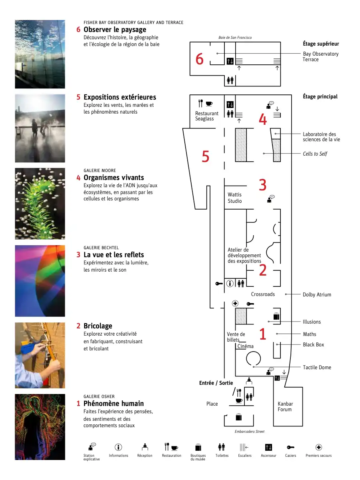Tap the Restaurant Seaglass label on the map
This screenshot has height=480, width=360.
(206, 116)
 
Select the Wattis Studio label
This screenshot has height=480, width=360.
(234, 198)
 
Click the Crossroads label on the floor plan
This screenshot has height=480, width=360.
(263, 294)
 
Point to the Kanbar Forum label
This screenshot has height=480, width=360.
(285, 406)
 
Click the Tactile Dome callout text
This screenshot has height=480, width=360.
(317, 367)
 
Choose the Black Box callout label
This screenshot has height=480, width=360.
(313, 345)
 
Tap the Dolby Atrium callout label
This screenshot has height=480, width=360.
(317, 294)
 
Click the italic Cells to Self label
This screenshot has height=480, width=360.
(315, 154)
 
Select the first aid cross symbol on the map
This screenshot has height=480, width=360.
(235, 303)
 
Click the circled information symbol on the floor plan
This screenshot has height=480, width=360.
(230, 284)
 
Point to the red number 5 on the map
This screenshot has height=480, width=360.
(206, 156)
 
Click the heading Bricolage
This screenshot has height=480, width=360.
(98, 326)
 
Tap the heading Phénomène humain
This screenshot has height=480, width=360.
(114, 404)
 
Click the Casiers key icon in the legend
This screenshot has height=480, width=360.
(290, 448)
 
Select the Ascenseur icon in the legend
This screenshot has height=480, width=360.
(268, 448)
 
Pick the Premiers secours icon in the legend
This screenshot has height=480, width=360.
(318, 448)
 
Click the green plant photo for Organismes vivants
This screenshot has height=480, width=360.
(40, 204)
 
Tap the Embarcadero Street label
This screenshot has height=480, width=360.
(249, 432)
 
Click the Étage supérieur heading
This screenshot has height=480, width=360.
(321, 44)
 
